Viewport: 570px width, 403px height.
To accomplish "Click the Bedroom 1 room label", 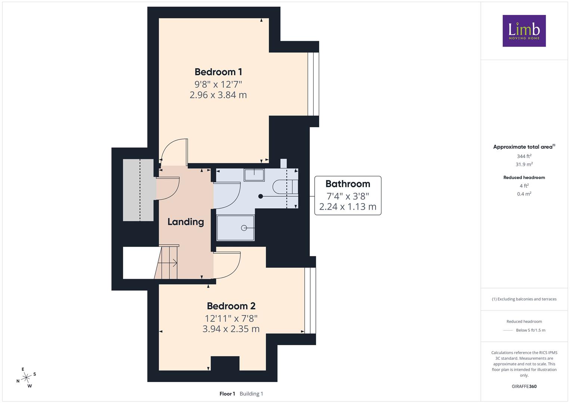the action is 218,72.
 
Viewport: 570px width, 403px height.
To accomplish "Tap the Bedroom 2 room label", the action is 231,306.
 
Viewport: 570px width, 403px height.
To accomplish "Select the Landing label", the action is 186,222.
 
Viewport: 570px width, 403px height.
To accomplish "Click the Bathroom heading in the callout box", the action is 348,184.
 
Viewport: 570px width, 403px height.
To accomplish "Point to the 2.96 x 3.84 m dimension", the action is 218,95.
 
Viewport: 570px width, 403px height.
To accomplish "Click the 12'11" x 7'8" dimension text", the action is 231,318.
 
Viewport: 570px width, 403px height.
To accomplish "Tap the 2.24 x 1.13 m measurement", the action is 348,207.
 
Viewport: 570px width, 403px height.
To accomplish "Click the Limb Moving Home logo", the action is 524,31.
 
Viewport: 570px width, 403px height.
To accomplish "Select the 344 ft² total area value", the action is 524,156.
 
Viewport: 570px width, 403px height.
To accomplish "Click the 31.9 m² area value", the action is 524,164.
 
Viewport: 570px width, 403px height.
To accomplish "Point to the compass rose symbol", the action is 26,378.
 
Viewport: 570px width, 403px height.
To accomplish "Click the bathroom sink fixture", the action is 254,175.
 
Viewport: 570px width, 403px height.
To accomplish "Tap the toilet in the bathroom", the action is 285,187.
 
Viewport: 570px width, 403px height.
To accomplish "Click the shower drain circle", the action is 244,228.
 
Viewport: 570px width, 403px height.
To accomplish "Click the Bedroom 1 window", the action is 313,84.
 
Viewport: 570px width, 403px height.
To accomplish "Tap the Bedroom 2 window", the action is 310,300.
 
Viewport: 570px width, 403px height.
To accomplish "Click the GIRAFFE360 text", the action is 524,386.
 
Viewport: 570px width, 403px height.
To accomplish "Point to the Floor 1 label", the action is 227,394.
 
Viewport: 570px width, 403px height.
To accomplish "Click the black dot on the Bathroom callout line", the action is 261,196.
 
